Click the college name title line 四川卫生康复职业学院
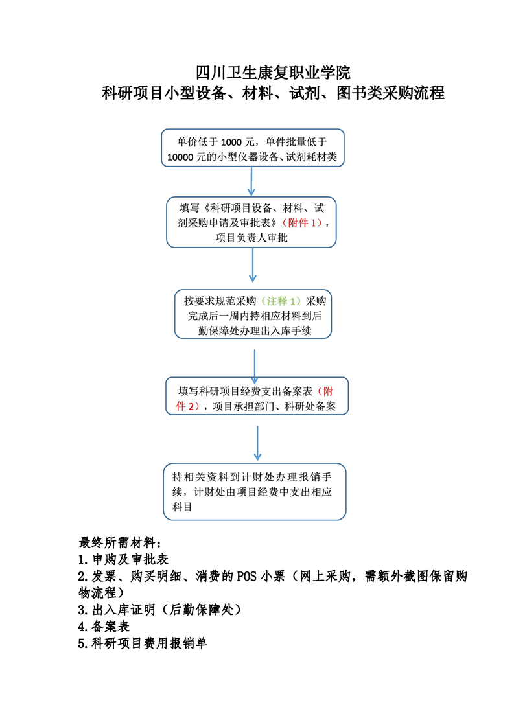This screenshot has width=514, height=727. pos(273,73)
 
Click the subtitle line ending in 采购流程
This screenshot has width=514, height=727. pos(273,93)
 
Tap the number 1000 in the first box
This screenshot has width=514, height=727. pos(231,143)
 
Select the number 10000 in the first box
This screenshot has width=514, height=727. pos(180,157)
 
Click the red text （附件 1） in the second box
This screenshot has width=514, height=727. pos(302,222)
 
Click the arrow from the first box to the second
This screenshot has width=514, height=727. pos(251,181)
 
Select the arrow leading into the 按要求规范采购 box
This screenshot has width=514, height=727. pos(253,265)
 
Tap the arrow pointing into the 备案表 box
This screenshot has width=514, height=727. pos(255,367)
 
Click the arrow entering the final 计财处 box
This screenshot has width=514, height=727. pos(257,443)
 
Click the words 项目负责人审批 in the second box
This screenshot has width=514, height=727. pos(251,238)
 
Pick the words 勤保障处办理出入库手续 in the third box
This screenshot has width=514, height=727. pos(255,330)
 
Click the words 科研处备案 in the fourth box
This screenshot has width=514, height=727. pos(310,406)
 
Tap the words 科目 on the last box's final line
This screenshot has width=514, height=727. pos(182,507)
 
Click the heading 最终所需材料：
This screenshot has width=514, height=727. pos(120,542)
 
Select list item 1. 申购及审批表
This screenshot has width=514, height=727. pos(123,559)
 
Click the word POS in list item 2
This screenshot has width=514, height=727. pos(247,576)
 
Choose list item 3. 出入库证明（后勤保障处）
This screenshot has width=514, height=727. pos(159,609)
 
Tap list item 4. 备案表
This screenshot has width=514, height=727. pos(104,627)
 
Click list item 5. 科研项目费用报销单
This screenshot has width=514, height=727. pos(143,643)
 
